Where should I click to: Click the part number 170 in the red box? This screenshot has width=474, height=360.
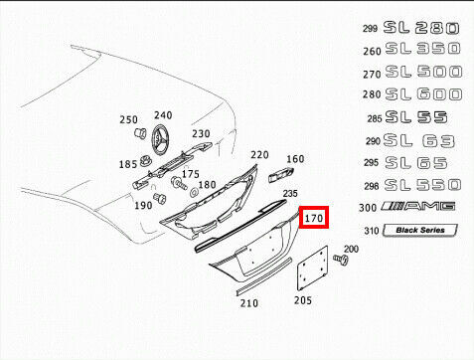[x=313, y=218]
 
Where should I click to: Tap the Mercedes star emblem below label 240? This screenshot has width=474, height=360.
[x=161, y=139]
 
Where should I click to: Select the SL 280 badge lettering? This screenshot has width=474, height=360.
[x=421, y=28]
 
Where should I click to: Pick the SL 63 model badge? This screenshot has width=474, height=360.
[x=418, y=141]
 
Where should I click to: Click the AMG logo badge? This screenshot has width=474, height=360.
[x=418, y=206]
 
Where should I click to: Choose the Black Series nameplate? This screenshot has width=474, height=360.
[x=420, y=230]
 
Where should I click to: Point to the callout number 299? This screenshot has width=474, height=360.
[x=370, y=29]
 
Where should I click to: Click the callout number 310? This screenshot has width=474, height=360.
[x=372, y=231]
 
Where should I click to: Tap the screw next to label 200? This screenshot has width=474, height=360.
[x=341, y=260]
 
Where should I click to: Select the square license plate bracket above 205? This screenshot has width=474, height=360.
[x=312, y=269]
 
